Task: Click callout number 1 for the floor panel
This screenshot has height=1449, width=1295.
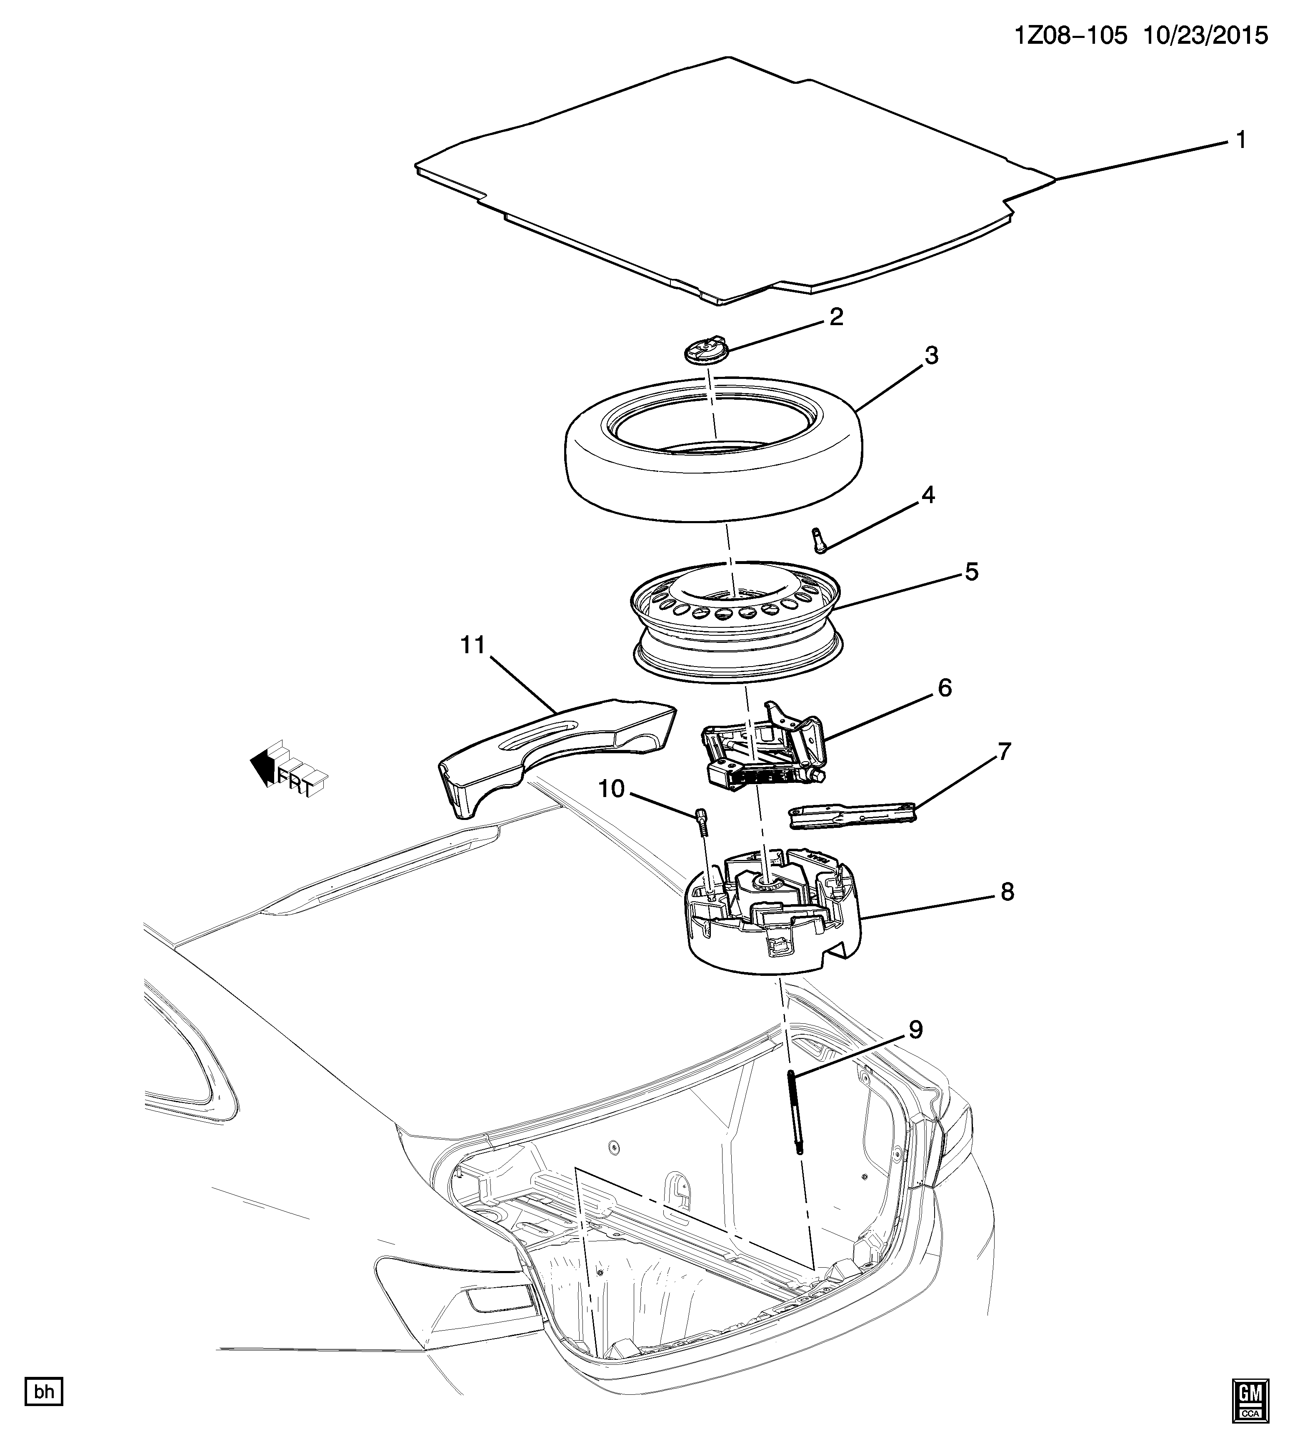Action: (1240, 140)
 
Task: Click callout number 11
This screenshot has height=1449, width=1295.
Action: (472, 645)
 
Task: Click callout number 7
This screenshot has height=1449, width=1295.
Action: (1004, 752)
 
